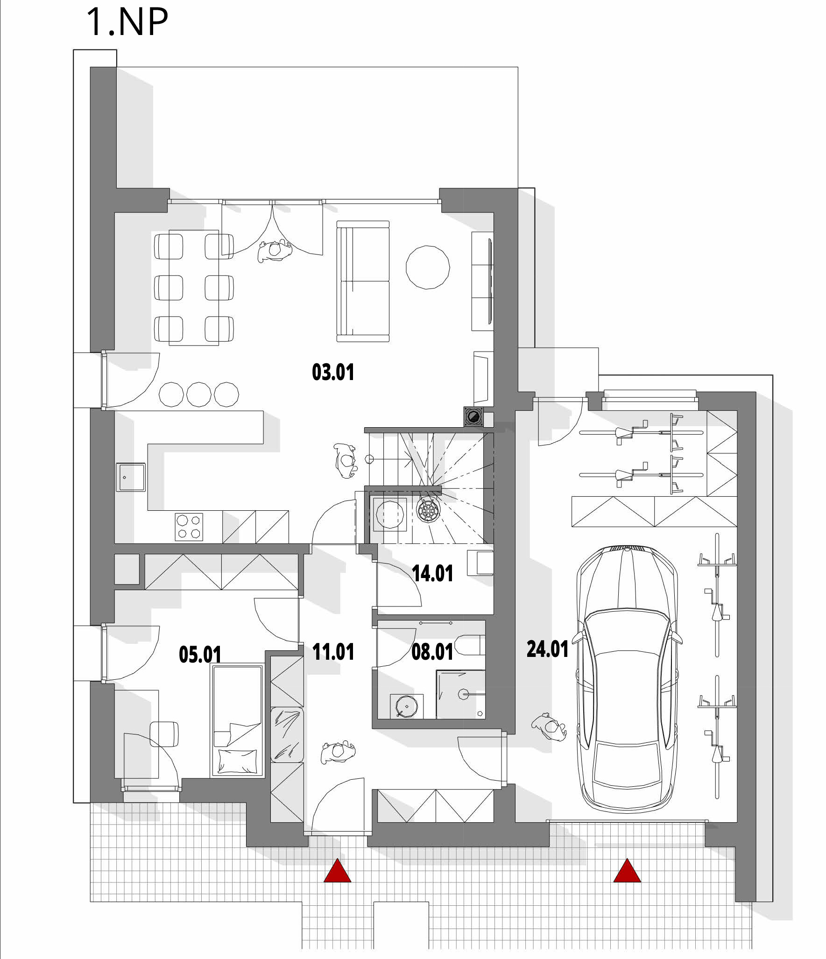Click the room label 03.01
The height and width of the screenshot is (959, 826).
[333, 372]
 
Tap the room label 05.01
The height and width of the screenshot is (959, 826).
[200, 654]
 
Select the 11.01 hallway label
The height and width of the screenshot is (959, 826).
[333, 651]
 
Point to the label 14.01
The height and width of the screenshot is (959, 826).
[432, 573]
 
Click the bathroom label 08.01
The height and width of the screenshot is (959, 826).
[432, 652]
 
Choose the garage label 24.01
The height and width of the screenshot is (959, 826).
[547, 649]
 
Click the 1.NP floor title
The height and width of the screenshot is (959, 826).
[127, 22]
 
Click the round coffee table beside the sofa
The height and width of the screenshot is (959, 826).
[428, 267]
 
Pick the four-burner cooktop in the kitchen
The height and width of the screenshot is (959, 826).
[189, 527]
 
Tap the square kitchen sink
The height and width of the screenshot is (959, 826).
[131, 477]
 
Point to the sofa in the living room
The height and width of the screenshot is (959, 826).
[363, 282]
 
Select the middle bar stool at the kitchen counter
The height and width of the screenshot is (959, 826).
[199, 395]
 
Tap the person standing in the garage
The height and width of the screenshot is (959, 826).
[549, 726]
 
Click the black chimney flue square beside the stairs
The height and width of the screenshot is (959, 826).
[473, 417]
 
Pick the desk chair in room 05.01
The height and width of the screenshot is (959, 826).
[164, 734]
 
